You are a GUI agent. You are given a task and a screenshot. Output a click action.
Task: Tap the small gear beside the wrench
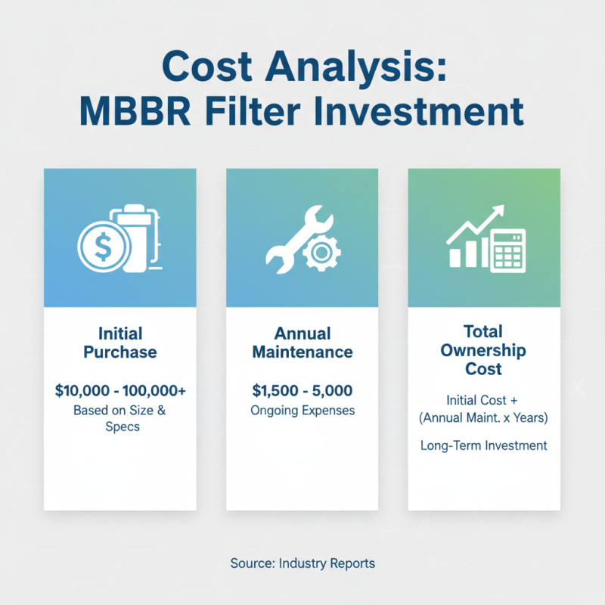318,255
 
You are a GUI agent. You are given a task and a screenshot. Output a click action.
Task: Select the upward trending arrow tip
499,211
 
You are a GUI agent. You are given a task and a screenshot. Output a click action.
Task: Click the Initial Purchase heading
120,342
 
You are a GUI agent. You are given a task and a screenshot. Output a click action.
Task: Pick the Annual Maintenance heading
302,342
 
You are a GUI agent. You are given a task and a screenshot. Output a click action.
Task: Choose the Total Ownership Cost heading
484,350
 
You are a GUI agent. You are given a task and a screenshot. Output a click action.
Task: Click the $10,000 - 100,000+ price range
120,391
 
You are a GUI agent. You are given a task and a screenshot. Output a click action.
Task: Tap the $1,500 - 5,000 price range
302,391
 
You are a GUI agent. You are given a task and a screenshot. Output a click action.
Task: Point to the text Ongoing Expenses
302,411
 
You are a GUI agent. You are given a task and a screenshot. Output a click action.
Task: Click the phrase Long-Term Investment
484,445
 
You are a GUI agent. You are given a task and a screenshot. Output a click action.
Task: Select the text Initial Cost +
484,399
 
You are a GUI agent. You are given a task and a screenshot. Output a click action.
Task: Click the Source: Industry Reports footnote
302,563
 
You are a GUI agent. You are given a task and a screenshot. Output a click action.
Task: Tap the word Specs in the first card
120,427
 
